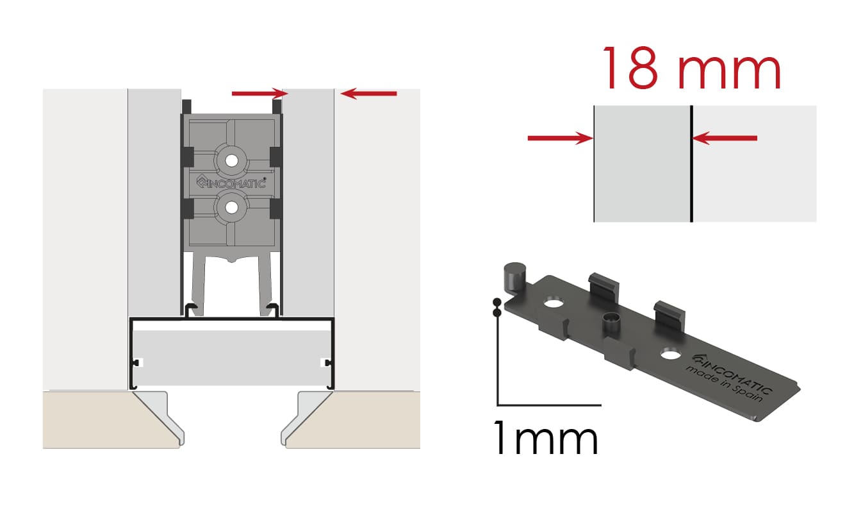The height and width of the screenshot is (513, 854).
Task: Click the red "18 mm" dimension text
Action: coord(692,68)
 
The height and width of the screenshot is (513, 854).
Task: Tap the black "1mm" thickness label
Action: coord(546,437)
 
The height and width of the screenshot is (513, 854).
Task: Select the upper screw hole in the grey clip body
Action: coord(231,161)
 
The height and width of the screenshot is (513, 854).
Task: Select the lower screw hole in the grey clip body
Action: coord(231,208)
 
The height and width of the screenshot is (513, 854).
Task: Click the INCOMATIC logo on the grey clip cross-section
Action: coord(231,183)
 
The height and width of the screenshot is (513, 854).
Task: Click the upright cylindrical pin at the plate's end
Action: coord(514,278)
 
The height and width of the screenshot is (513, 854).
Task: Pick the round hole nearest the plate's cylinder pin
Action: coord(554,304)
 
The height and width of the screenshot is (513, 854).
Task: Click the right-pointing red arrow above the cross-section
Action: coord(260,93)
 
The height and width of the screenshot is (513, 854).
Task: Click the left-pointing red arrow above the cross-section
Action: coord(368,94)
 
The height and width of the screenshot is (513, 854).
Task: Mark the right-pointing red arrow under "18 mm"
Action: coord(561,138)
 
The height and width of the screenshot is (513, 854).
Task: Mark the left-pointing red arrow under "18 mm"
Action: coord(725,138)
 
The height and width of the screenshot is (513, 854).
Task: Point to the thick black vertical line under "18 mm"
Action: coord(691,164)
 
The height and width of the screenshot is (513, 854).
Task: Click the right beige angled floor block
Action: coord(350,419)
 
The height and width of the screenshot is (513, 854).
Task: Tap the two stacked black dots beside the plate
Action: coord(497,308)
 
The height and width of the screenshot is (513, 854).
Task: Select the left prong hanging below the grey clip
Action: coord(197,284)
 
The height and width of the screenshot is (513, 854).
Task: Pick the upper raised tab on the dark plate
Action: coord(604,288)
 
